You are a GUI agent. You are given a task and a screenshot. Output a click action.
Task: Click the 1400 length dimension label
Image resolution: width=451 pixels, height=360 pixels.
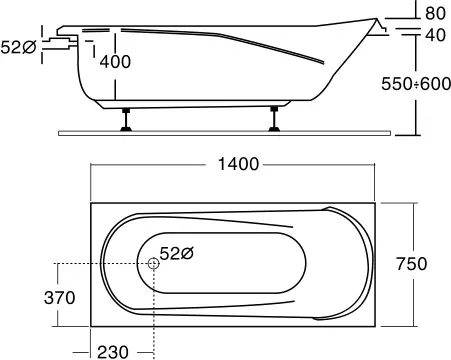click(x=238, y=164)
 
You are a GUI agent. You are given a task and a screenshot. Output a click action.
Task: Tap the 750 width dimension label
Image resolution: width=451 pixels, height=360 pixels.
click(x=412, y=264)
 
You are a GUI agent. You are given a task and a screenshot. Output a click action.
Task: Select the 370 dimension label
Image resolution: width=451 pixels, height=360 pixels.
click(x=60, y=298)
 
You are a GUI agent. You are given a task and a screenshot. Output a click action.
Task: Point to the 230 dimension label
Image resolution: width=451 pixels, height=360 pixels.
click(x=113, y=352)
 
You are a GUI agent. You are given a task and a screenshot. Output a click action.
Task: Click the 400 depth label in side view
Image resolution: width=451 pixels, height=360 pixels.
click(x=115, y=62)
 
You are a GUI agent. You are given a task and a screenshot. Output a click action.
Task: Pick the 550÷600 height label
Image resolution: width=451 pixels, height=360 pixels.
click(x=416, y=84)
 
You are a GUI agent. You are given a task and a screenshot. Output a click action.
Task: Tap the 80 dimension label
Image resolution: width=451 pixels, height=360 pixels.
click(x=435, y=13)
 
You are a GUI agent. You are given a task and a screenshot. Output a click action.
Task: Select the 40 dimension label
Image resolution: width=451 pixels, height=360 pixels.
click(x=435, y=35)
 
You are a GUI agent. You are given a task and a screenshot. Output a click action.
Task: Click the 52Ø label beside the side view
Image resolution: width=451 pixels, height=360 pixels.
click(x=18, y=47)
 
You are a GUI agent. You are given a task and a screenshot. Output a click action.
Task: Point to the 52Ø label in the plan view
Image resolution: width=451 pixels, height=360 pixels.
click(x=177, y=254)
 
